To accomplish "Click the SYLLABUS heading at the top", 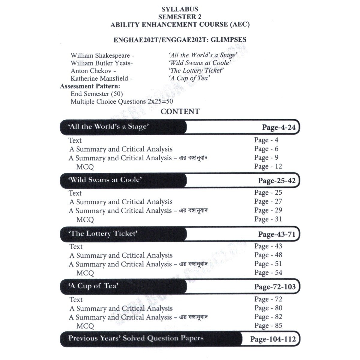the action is (x=180, y=9).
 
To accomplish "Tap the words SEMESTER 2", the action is (x=180, y=17).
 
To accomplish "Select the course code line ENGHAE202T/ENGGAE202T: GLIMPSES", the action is (x=180, y=40).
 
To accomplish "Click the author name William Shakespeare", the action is (x=100, y=55).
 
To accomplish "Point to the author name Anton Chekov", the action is (x=91, y=71).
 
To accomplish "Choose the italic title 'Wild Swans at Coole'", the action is (x=199, y=63).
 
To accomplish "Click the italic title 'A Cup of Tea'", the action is (x=189, y=78).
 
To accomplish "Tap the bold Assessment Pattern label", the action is (x=90, y=86).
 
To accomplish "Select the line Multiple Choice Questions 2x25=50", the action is (x=121, y=101).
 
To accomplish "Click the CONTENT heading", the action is (x=180, y=112).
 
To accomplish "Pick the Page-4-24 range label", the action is (x=279, y=127).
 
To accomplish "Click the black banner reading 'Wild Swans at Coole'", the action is (x=123, y=180).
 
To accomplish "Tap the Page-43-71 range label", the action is (x=277, y=234).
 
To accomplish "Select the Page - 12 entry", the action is (x=268, y=166).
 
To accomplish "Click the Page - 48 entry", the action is (x=268, y=255).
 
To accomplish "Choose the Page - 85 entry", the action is (x=268, y=325).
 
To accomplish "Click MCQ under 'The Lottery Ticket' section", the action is (x=85, y=273).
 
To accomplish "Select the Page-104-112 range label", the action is (x=273, y=339).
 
